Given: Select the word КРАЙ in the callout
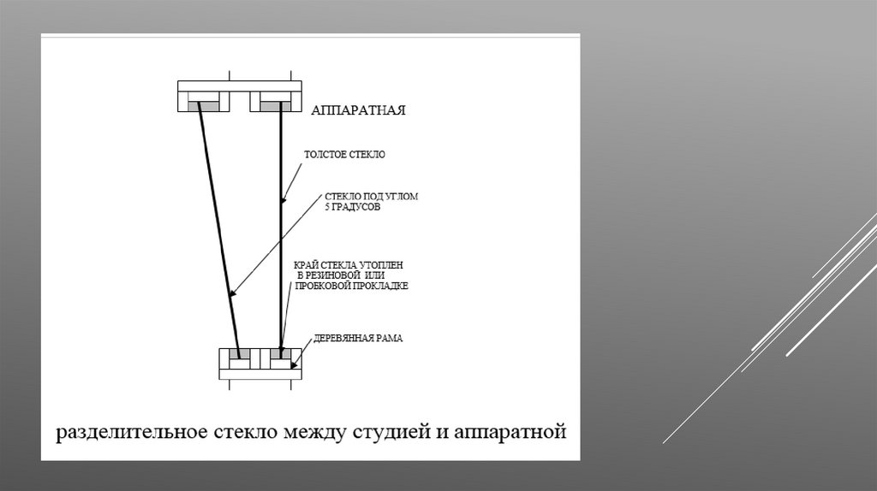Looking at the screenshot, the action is click(x=306, y=265).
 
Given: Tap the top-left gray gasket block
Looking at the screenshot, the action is click(x=205, y=106).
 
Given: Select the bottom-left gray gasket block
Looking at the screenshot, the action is click(x=240, y=352).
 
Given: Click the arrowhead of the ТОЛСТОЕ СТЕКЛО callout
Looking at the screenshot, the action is click(x=284, y=198).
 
